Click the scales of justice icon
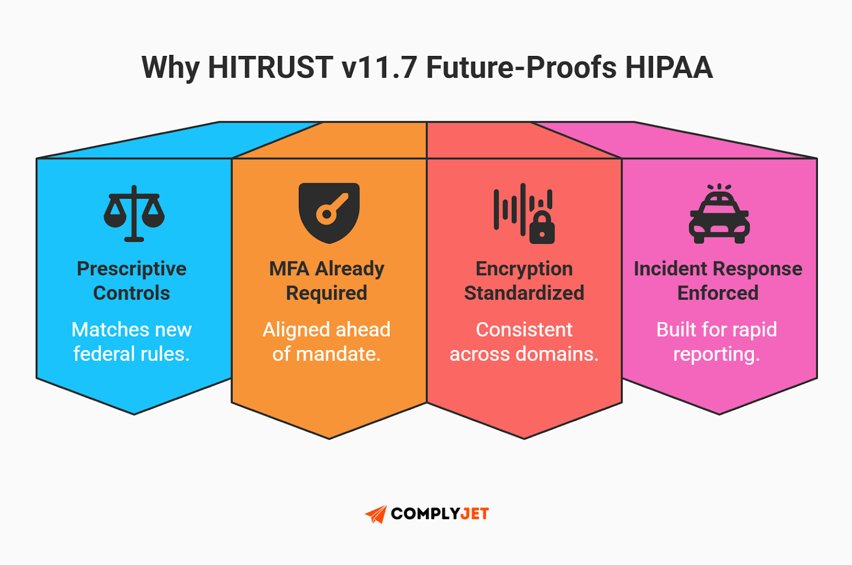pos(134,213)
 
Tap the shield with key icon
pos(329,212)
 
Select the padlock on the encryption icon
pos(542,229)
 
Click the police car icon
pos(719,218)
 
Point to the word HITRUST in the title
pos(271,68)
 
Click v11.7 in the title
pos(379,68)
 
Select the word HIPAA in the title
pos(668,68)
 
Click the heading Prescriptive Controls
pos(132,281)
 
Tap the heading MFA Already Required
pos(326,281)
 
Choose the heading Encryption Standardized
pos(524,281)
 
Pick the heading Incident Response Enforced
pos(718,281)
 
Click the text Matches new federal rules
pos(132,341)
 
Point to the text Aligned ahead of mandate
pos(326,341)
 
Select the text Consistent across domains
pos(524,341)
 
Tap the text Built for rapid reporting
pos(717,341)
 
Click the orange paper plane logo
pos(376,514)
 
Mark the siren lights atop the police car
pos(719,187)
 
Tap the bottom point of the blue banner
pos(134,413)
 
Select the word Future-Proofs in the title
pos(521,68)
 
